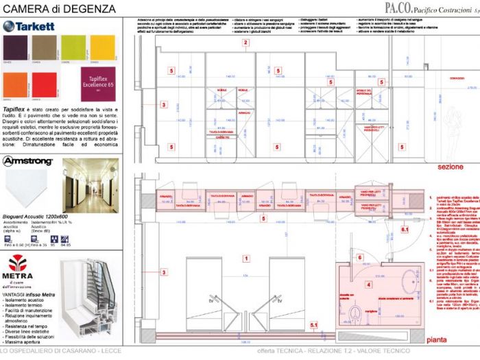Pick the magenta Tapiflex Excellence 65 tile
(x=100, y=83)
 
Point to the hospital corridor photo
(x=90, y=185)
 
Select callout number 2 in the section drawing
(x=245, y=43)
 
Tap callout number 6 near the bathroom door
(x=359, y=258)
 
